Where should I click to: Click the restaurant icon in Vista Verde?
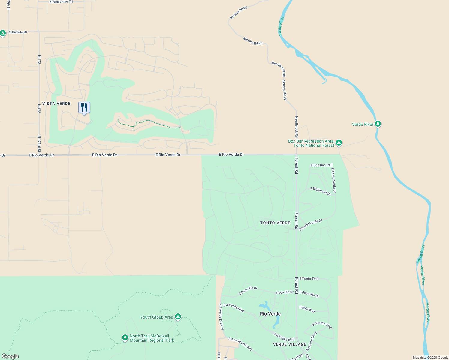click(84, 107)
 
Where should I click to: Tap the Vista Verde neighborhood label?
click(56, 103)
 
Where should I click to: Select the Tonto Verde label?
click(275, 223)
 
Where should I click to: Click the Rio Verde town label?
click(270, 314)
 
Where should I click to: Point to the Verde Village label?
click(289, 344)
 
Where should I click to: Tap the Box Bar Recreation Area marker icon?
click(339, 143)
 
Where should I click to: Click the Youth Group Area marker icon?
click(178, 317)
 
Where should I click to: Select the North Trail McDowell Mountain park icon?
click(125, 338)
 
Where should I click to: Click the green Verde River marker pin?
click(378, 124)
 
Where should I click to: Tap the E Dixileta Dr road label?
click(18, 32)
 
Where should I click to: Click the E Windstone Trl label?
click(61, 2)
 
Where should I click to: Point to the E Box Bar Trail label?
click(321, 165)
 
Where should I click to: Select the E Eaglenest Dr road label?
click(321, 191)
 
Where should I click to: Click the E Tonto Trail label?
click(309, 279)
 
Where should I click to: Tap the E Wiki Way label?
click(307, 309)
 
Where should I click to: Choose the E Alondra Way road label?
click(322, 325)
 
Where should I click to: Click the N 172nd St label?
click(39, 144)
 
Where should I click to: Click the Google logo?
click(10, 356)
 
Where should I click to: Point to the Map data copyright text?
click(430, 358)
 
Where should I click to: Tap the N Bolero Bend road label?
click(311, 341)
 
